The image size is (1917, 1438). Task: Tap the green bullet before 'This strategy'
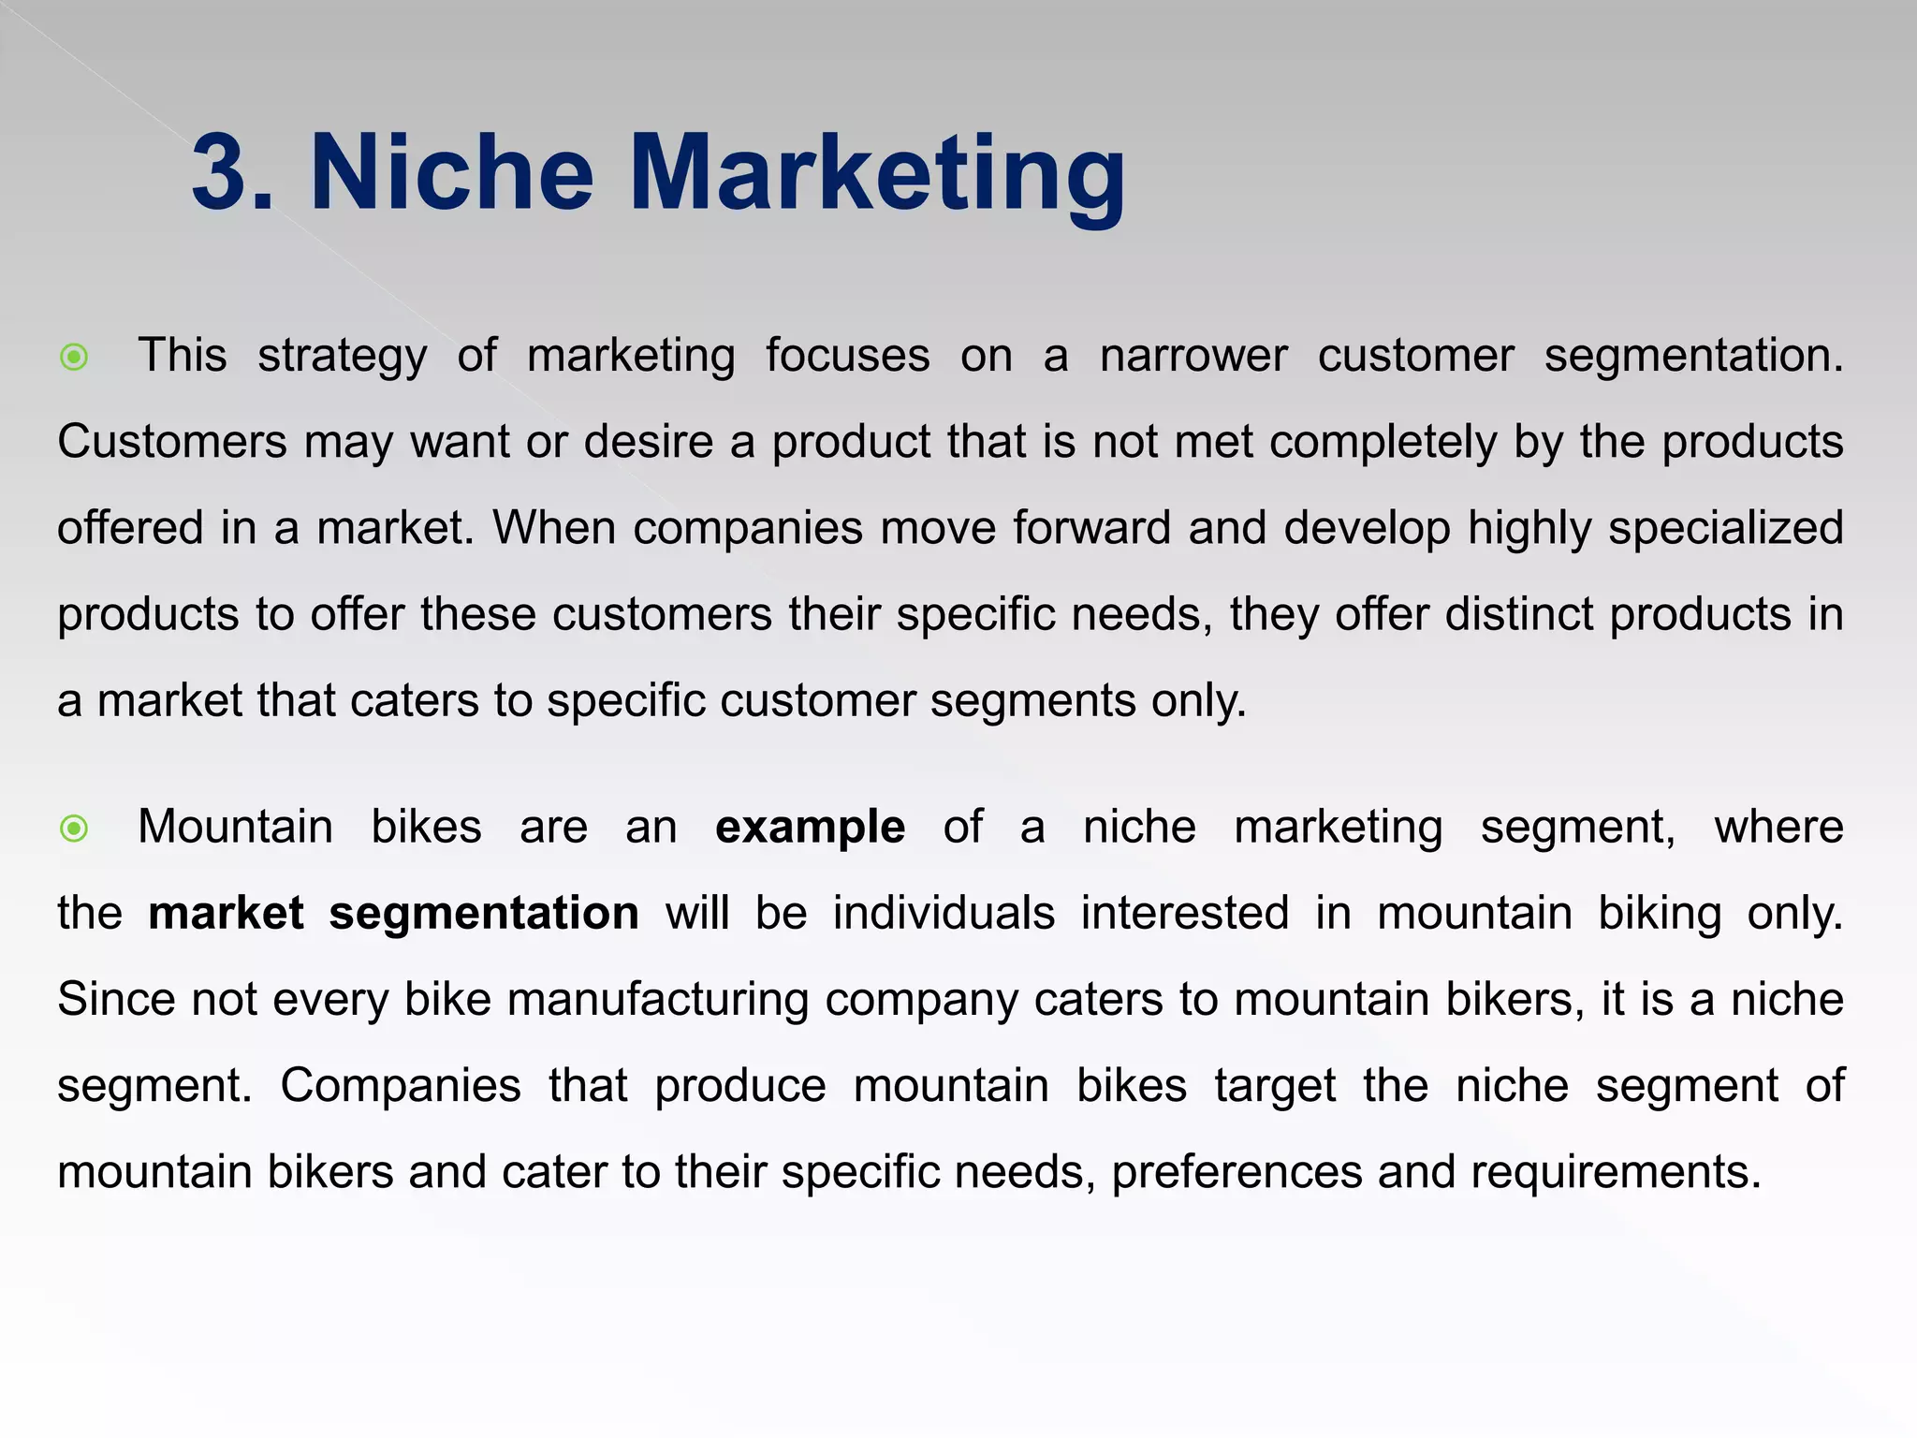pyautogui.click(x=74, y=357)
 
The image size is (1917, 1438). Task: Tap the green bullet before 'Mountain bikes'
pyautogui.click(x=74, y=829)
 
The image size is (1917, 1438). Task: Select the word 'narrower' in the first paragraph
pyautogui.click(x=1193, y=357)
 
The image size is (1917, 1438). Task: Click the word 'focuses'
pyautogui.click(x=848, y=357)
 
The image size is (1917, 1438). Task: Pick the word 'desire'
pyautogui.click(x=649, y=442)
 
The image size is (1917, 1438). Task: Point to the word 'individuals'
pyautogui.click(x=944, y=914)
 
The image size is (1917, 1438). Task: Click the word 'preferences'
pyautogui.click(x=1236, y=1173)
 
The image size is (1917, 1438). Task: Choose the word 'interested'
pyautogui.click(x=1184, y=914)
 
